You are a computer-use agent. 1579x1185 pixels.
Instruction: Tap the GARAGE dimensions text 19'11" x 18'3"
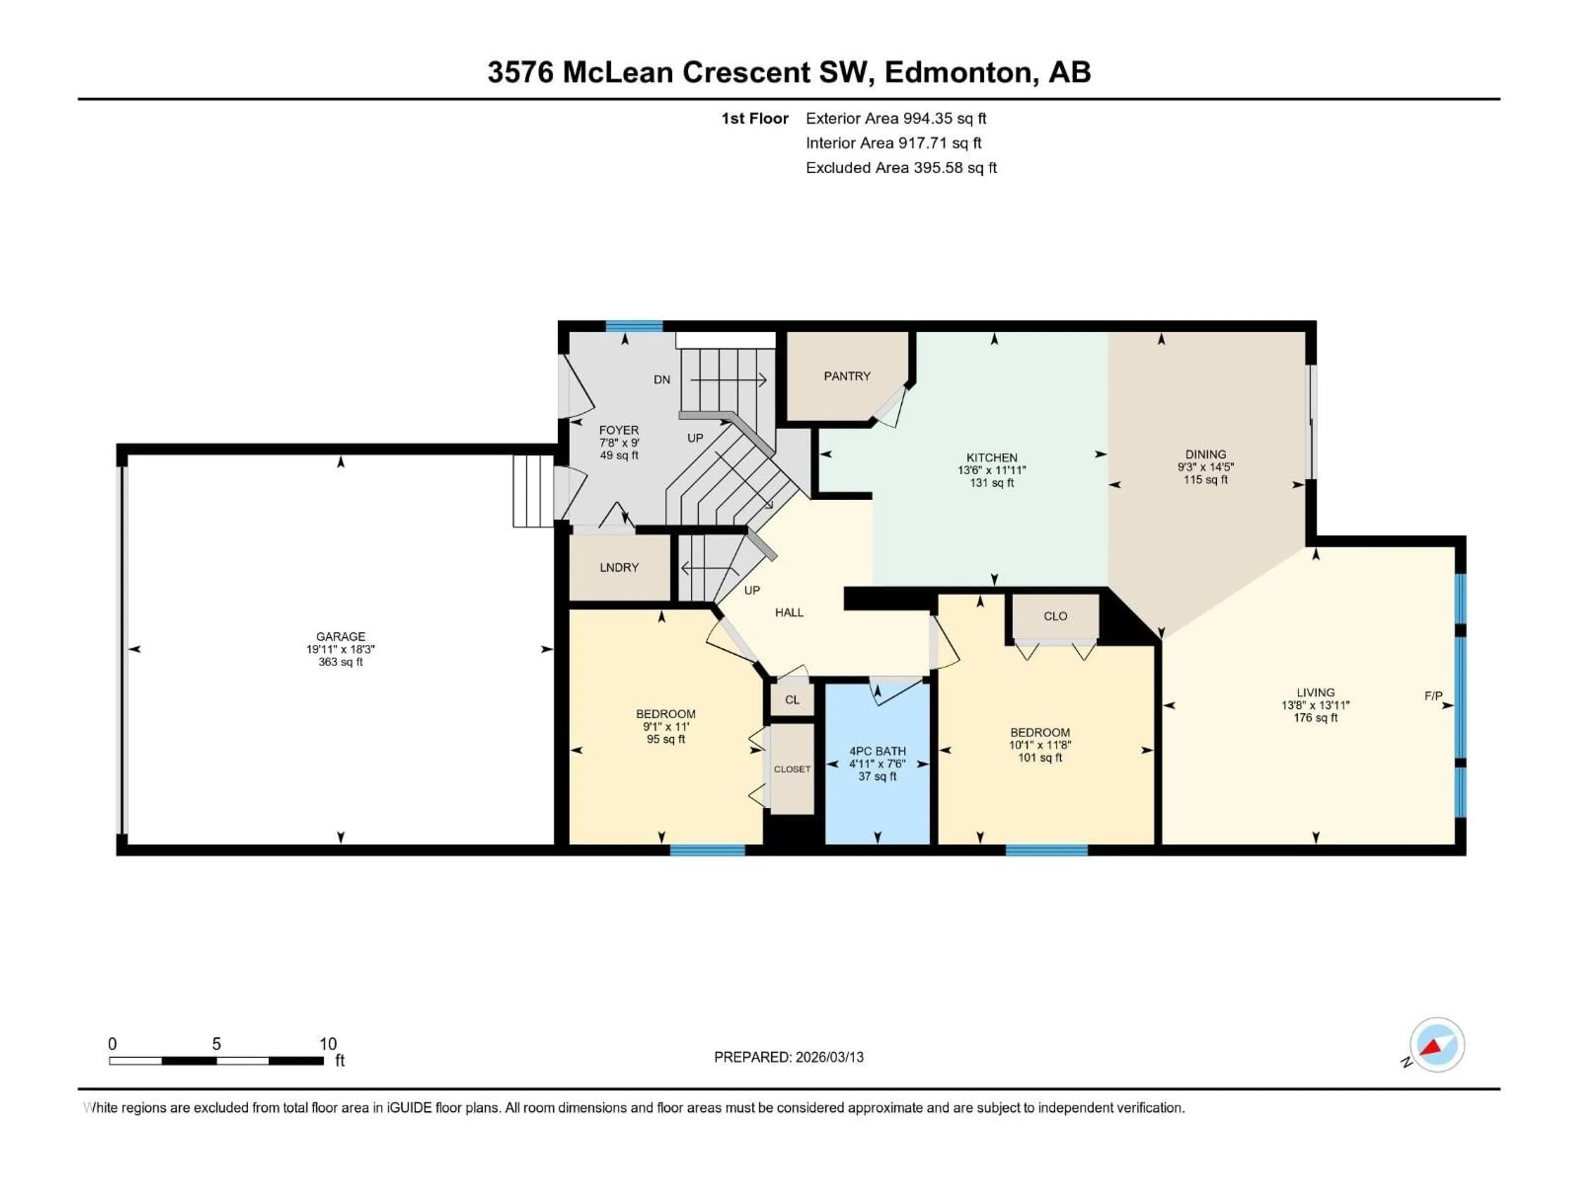click(340, 649)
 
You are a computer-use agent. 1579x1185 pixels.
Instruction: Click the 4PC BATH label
click(877, 751)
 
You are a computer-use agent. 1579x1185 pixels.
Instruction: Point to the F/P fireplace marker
click(1433, 696)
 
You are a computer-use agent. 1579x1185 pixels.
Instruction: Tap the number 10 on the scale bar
click(328, 1044)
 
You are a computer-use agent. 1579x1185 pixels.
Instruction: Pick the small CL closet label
click(792, 700)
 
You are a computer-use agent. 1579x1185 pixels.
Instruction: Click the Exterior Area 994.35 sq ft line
click(896, 118)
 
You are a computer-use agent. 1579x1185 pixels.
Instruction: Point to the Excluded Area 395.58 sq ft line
click(901, 168)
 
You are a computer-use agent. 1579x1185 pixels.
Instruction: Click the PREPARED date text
click(789, 1057)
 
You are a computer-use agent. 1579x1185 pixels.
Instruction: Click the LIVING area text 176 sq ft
click(1315, 718)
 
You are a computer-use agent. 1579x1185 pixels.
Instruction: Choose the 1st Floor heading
click(755, 118)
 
